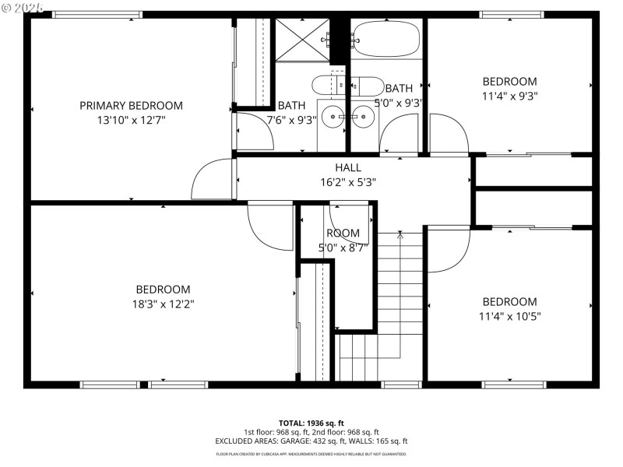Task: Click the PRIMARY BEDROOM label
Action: coord(131,106)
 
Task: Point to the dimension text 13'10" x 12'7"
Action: coord(131,121)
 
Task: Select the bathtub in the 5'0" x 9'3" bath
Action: coord(386,38)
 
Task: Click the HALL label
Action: coord(348,167)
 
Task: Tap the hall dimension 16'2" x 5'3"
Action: coord(348,182)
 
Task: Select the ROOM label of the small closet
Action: coord(343,233)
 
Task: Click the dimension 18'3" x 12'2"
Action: coord(163,304)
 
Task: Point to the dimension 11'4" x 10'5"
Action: coord(509,317)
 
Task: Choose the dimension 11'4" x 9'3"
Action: coord(509,97)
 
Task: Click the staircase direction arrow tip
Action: coord(399,233)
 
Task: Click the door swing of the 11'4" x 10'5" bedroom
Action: coord(448,249)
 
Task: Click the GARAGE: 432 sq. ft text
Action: coord(333,441)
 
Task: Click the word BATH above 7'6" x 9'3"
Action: coord(291,106)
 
